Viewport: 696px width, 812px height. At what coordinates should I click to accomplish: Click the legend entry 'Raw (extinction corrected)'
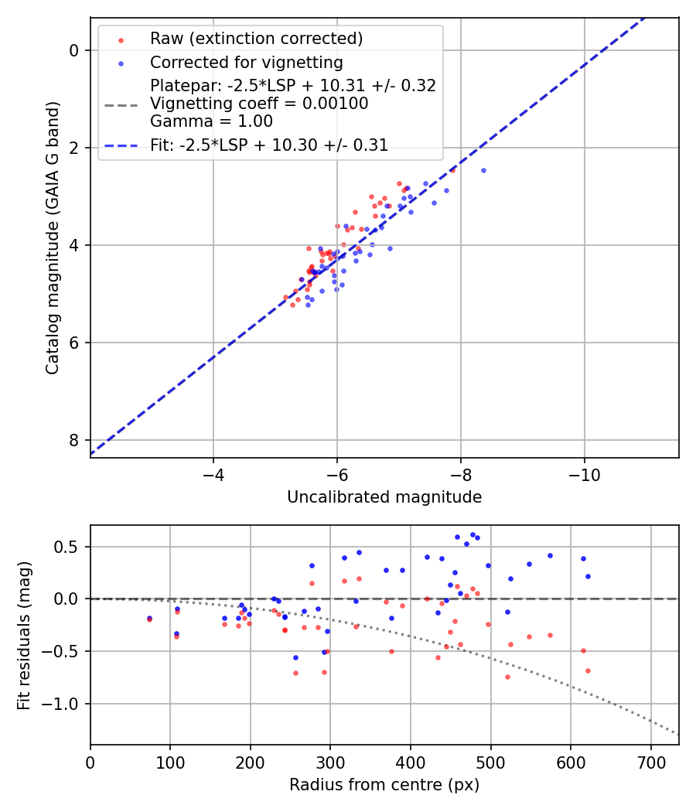click(x=256, y=39)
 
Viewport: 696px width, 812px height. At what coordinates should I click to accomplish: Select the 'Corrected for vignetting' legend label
click(x=246, y=62)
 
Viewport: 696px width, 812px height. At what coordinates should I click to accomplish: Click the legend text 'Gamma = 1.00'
click(x=211, y=121)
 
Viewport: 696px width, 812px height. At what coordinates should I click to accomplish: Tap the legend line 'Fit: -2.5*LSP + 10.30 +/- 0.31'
click(x=269, y=145)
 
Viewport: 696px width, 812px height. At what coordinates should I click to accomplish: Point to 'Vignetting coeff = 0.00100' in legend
click(x=259, y=104)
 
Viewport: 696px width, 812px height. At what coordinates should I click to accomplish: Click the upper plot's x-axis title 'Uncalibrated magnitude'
click(x=384, y=497)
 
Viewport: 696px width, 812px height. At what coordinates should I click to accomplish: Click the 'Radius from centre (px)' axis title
click(x=384, y=785)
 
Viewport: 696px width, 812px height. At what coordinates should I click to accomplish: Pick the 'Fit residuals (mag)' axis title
click(x=25, y=635)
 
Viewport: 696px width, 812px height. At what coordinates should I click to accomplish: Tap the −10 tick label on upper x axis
click(x=584, y=473)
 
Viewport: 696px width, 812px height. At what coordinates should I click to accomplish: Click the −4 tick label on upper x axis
click(x=213, y=473)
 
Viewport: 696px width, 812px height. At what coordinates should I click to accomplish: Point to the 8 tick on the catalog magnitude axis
click(x=73, y=440)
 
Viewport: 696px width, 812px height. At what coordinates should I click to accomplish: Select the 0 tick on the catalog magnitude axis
click(x=73, y=50)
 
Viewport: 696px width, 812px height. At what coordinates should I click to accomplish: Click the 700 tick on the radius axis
click(x=650, y=761)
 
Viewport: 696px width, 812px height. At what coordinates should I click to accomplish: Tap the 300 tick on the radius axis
click(x=330, y=761)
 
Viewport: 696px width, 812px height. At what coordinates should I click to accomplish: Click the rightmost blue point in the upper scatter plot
click(x=483, y=170)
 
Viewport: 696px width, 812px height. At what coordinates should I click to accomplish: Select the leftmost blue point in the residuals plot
click(x=149, y=618)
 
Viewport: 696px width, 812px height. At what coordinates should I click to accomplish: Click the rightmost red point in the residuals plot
click(x=588, y=670)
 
